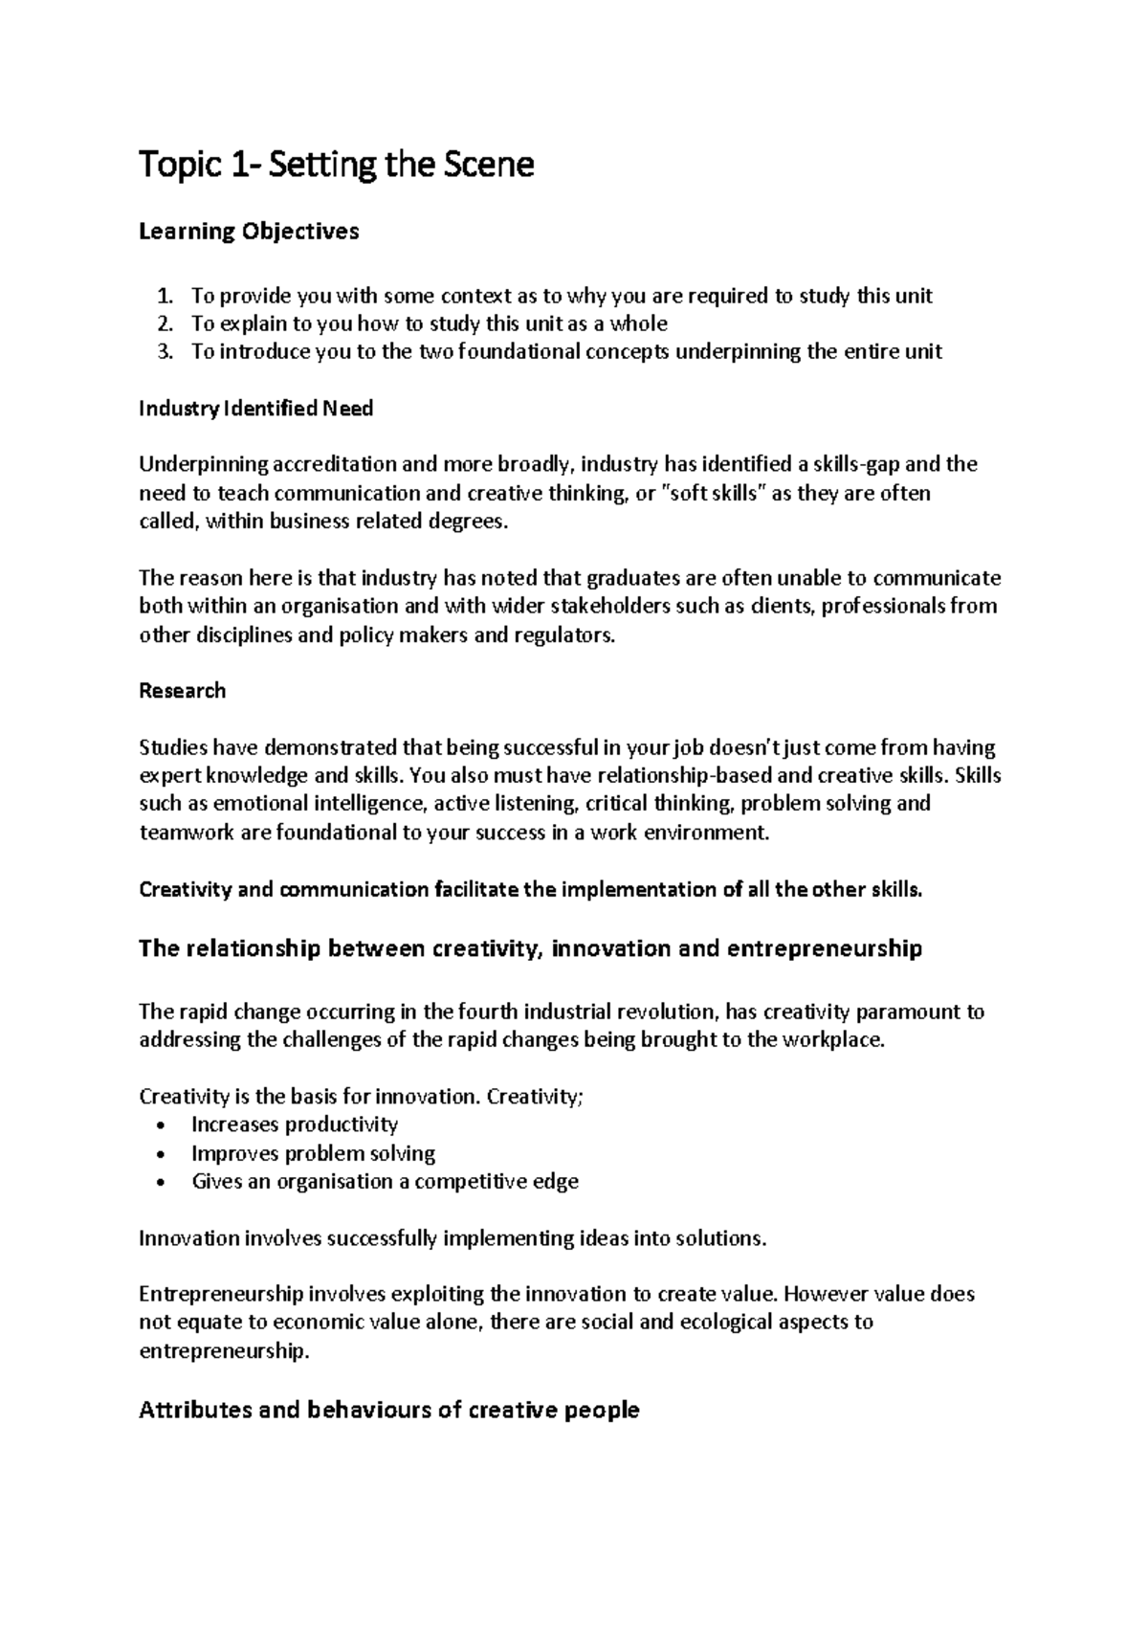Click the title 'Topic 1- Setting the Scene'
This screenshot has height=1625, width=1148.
click(x=336, y=166)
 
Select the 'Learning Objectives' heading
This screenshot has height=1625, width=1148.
click(x=249, y=232)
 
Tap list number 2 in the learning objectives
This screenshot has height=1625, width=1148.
click(x=166, y=323)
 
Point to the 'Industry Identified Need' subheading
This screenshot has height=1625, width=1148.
click(x=255, y=409)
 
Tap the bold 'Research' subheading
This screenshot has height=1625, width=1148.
click(x=182, y=691)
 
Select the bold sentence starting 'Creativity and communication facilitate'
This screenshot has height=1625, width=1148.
click(x=531, y=889)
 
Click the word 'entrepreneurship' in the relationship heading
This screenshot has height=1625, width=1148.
click(x=824, y=948)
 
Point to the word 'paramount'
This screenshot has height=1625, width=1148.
click(x=908, y=1012)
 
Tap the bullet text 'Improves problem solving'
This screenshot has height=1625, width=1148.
click(x=313, y=1153)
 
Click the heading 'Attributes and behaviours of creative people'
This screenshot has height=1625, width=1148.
click(x=388, y=1410)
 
